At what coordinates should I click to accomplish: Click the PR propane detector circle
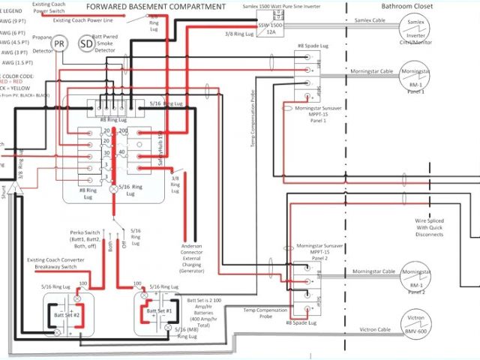pos(59,44)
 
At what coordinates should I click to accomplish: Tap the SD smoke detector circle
pos(87,44)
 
